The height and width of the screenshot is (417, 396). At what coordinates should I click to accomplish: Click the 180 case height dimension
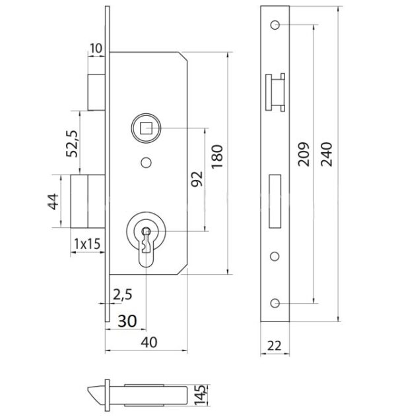point(217,157)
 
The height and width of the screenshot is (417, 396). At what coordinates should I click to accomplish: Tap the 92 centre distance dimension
point(197,179)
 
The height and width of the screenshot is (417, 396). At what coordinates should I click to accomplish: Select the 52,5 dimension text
point(72,144)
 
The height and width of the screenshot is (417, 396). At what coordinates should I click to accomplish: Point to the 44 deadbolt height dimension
point(53,202)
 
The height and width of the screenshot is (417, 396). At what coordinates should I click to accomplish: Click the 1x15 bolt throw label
point(87,244)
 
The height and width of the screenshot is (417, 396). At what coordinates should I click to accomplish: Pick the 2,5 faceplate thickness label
point(123,294)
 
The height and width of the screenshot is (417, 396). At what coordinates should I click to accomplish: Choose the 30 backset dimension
point(127,321)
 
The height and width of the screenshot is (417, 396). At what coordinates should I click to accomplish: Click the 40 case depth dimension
point(149,343)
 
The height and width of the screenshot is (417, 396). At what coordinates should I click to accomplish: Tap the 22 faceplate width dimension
point(274,346)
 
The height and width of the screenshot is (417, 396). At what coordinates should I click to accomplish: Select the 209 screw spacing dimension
point(304,154)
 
